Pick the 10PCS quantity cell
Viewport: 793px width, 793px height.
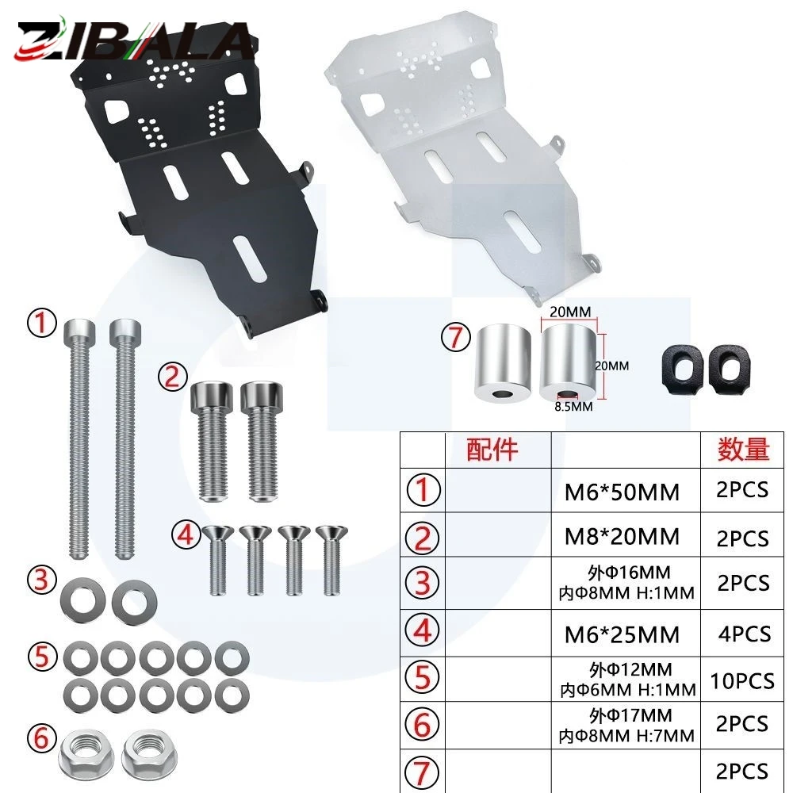(x=742, y=681)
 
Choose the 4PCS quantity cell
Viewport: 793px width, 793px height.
(x=745, y=634)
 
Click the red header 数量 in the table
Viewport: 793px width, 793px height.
(x=744, y=449)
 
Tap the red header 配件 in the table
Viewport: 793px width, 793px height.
(x=492, y=449)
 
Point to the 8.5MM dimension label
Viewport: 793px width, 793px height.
(x=573, y=407)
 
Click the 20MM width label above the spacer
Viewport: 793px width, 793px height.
(x=570, y=312)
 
